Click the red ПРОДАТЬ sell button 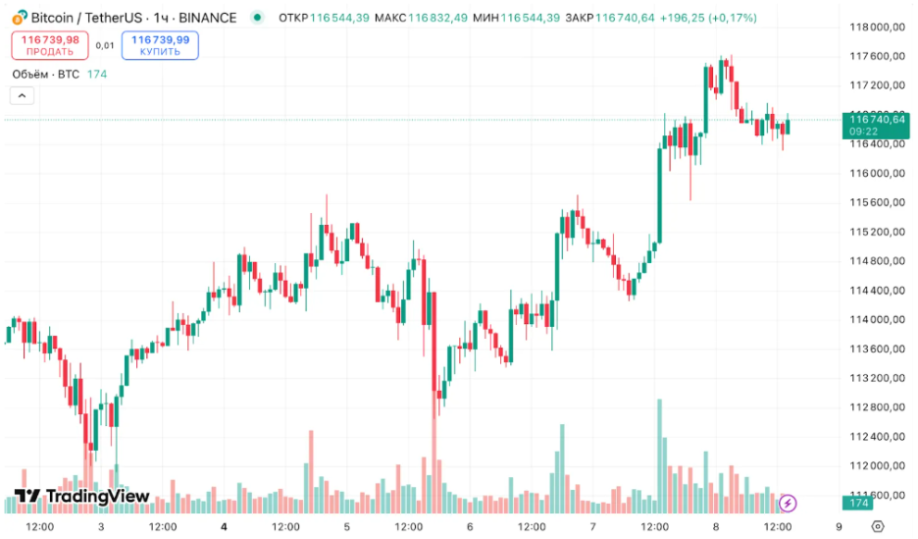click(x=50, y=45)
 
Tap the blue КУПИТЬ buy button click(x=160, y=45)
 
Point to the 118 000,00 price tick click(x=875, y=27)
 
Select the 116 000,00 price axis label click(x=875, y=174)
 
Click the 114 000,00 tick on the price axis click(x=875, y=320)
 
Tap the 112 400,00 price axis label click(x=875, y=437)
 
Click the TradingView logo click(x=82, y=497)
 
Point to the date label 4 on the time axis click(x=225, y=526)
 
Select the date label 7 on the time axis click(x=593, y=526)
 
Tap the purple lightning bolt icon click(x=788, y=504)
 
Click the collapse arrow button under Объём click(x=22, y=95)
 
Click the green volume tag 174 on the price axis click(x=859, y=504)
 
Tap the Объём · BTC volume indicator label click(x=45, y=74)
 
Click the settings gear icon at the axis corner click(x=878, y=526)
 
